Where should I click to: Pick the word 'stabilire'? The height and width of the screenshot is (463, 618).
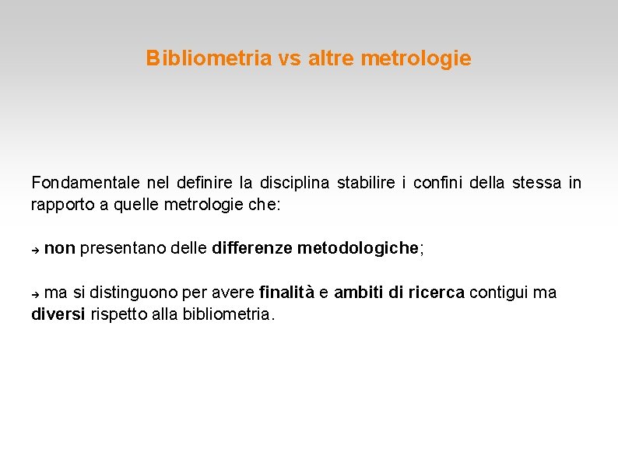(x=366, y=183)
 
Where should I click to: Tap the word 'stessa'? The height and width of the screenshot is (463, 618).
(x=535, y=183)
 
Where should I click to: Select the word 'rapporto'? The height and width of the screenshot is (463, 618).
(x=59, y=206)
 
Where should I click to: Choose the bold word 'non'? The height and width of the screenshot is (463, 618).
(x=60, y=249)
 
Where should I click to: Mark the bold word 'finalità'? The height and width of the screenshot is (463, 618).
(x=287, y=293)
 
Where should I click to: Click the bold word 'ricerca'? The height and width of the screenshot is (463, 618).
(x=437, y=293)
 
